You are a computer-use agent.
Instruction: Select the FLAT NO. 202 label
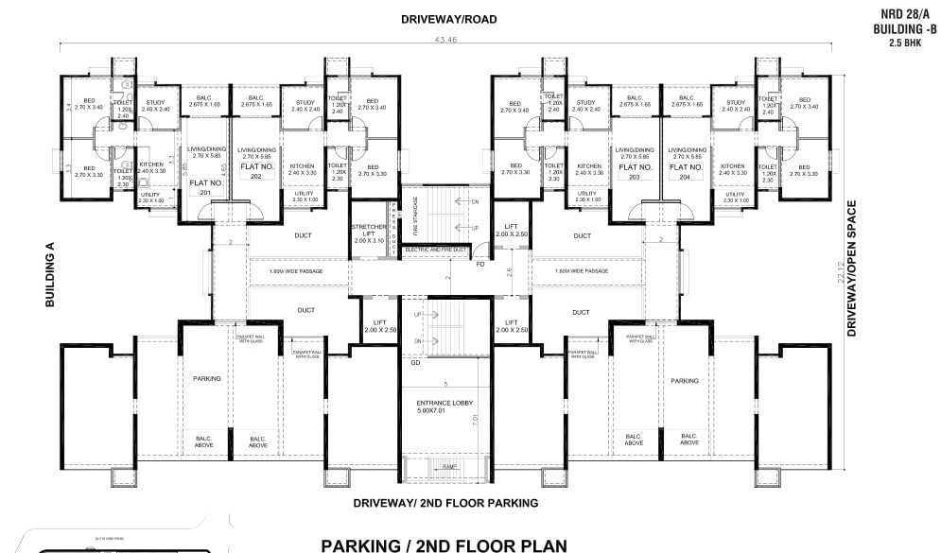coord(256,169)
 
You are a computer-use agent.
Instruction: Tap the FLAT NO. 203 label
coord(635,171)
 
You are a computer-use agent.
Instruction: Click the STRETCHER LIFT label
coord(366,234)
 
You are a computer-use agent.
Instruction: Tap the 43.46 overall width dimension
coord(446,41)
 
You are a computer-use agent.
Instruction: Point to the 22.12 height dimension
coord(841,272)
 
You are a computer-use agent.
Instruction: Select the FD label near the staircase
coord(480,264)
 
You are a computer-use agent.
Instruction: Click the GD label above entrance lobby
coord(415,362)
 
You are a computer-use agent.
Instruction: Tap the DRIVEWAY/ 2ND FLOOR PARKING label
coord(445,503)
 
